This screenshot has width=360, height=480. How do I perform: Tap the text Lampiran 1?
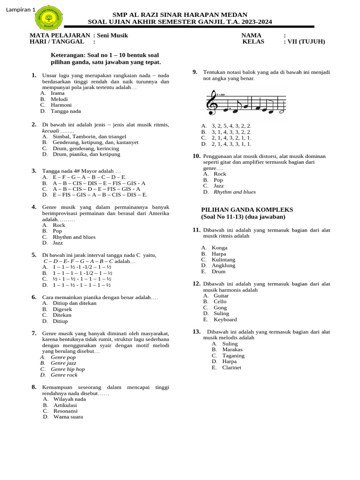click(x=21, y=9)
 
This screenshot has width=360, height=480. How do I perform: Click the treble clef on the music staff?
click(x=212, y=103)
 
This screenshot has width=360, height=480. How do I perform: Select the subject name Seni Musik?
click(x=112, y=35)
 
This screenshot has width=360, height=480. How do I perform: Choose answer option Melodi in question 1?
click(x=59, y=99)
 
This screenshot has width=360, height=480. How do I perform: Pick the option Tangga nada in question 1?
click(x=66, y=111)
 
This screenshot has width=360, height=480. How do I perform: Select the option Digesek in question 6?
click(x=62, y=309)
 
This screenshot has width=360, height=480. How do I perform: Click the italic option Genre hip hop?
click(x=67, y=369)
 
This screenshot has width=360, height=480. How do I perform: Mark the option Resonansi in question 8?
click(x=66, y=411)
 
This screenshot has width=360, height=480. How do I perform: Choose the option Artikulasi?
click(x=65, y=405)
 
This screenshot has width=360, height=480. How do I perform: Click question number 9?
click(x=195, y=72)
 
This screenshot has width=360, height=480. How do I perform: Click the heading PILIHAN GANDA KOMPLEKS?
click(x=247, y=210)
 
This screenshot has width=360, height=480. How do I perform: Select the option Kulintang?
click(x=223, y=259)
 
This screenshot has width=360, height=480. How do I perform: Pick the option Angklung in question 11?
click(x=223, y=265)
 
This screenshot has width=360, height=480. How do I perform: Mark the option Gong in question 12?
click(x=220, y=307)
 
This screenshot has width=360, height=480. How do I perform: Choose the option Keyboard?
click(x=225, y=319)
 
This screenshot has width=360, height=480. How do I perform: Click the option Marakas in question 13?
click(x=232, y=350)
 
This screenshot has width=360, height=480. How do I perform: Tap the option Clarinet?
click(x=232, y=367)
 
